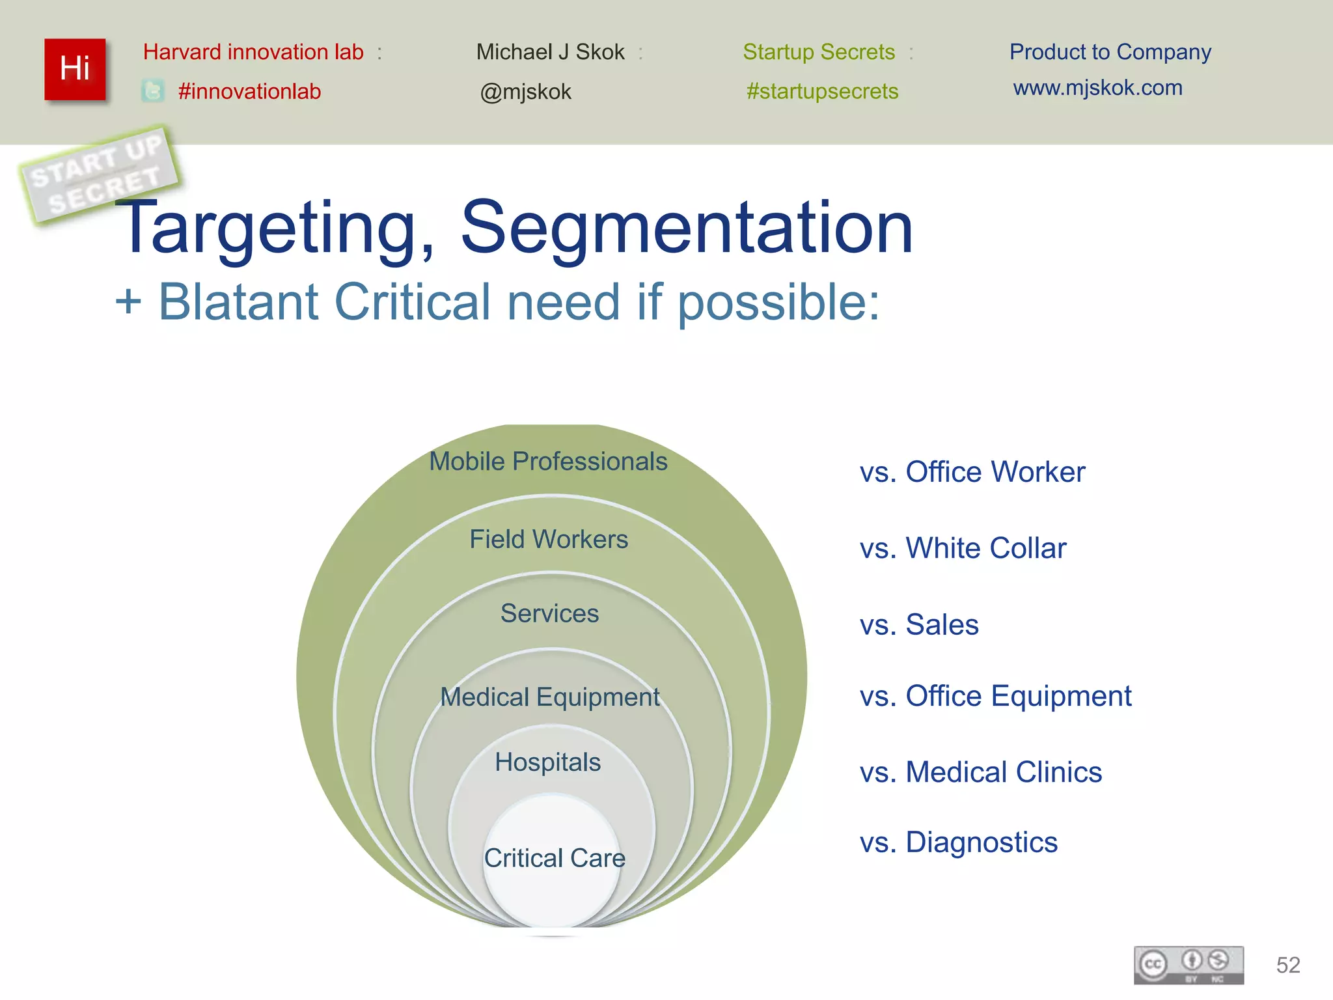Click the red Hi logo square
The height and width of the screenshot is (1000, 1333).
[75, 69]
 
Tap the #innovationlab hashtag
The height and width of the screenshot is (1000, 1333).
[249, 91]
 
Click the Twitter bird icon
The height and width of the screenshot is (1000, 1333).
[153, 90]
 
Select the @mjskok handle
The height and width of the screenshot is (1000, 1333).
[525, 92]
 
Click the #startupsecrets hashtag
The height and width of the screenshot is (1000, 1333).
[822, 91]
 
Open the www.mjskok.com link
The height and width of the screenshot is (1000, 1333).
[1097, 88]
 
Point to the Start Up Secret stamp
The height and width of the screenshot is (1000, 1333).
[99, 174]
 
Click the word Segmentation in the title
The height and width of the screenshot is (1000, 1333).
[687, 228]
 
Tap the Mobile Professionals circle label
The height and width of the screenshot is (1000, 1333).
[548, 461]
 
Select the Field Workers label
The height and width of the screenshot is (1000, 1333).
[549, 539]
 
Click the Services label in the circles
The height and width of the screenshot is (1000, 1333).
[549, 613]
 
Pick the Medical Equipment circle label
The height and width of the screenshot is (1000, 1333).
[550, 697]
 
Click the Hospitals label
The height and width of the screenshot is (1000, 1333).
[547, 762]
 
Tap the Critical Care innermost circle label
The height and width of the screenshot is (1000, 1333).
[554, 858]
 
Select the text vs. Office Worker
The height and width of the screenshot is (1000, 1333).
[972, 472]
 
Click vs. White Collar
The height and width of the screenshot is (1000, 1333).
[963, 548]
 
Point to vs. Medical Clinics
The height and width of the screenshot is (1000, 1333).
[980, 772]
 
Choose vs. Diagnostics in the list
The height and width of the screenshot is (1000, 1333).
[958, 842]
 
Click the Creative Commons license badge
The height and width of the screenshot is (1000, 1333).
[1189, 965]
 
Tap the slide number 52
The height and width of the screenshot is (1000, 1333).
[1288, 965]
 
